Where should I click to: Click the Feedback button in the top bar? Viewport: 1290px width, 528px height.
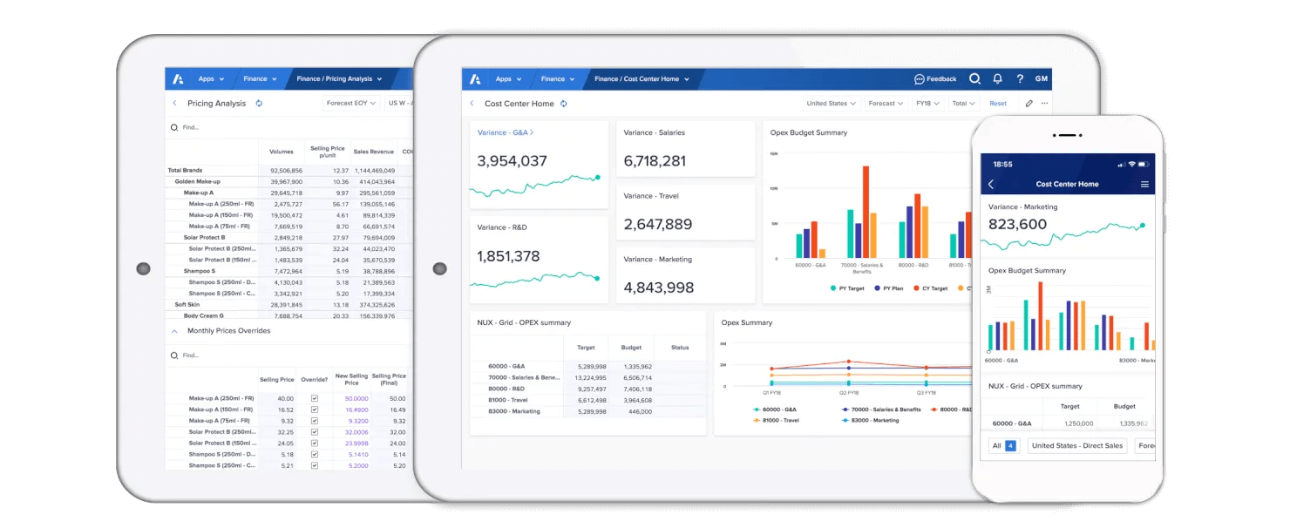(935, 79)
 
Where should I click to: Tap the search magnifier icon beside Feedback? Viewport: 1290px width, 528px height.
(974, 79)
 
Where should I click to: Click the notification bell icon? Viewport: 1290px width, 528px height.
(997, 79)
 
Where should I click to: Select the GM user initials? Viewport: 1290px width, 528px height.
(1041, 79)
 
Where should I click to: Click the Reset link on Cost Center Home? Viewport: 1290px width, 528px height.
(997, 104)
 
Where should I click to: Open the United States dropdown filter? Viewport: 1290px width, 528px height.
(831, 104)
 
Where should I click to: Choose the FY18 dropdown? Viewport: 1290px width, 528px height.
(927, 104)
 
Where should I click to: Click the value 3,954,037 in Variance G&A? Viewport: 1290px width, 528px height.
(513, 161)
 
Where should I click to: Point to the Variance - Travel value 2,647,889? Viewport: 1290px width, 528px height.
(658, 225)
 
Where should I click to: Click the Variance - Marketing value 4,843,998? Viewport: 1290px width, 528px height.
(658, 288)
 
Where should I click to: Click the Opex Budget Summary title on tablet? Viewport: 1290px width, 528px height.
(808, 133)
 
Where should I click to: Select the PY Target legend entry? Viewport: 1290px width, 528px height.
(848, 288)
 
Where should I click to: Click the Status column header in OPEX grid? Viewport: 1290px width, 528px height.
(680, 348)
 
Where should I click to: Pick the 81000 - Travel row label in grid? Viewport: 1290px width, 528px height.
(508, 400)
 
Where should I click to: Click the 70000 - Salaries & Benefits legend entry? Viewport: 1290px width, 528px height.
(880, 410)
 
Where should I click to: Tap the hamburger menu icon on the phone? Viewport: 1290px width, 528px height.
(1144, 185)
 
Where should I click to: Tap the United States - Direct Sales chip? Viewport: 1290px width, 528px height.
(1076, 446)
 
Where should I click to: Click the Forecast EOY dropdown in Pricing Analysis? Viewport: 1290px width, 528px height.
(350, 104)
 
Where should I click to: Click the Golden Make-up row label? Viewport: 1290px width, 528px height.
(197, 182)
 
